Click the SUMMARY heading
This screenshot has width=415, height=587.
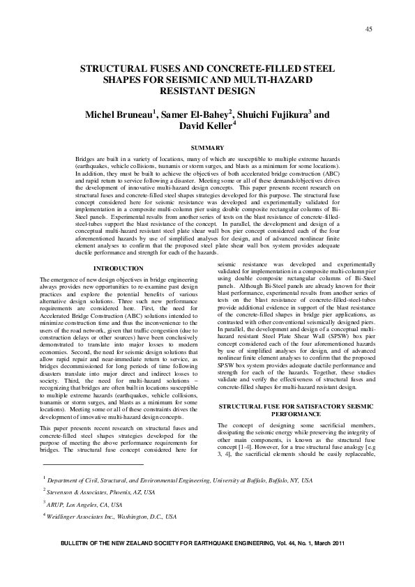pyautogui.click(x=207, y=148)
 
